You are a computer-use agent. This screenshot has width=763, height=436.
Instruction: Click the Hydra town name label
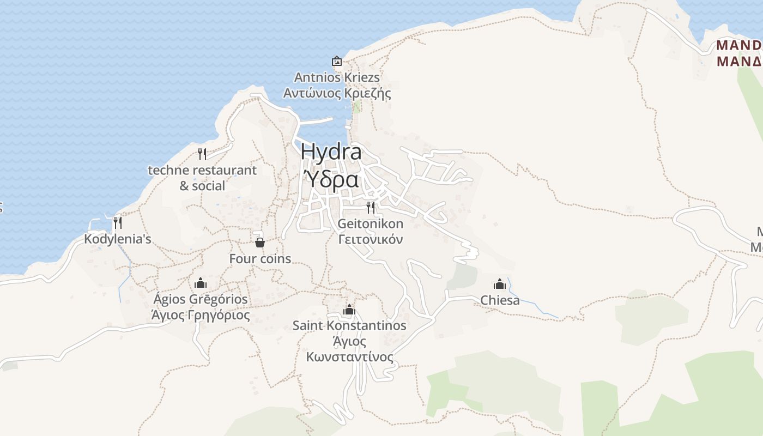coord(331,152)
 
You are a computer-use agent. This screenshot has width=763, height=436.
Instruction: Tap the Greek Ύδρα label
coord(331,179)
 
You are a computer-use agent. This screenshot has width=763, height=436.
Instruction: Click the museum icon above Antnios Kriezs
coord(337,61)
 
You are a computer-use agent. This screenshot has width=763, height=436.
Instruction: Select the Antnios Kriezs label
coord(337,77)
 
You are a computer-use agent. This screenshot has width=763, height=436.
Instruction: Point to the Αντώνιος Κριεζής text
coord(337,93)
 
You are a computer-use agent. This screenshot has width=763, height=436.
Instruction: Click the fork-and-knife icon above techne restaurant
coord(202,154)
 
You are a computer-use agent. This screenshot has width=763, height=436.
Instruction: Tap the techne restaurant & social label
coord(202,178)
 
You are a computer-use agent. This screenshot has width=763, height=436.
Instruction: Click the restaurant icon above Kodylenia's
coord(117,222)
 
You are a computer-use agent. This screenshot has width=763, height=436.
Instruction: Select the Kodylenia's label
coord(117,239)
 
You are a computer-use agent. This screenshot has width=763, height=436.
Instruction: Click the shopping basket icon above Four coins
coord(260,242)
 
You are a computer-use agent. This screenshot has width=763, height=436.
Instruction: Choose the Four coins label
coord(260,259)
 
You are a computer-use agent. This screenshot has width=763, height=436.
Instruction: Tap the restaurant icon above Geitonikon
coord(371,207)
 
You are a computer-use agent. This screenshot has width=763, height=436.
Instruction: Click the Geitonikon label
coord(371,223)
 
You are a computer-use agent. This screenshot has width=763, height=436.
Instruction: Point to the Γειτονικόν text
coord(371,239)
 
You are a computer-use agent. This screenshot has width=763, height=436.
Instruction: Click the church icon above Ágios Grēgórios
coord(201,283)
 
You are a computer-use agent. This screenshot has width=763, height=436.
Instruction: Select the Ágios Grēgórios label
coord(201,299)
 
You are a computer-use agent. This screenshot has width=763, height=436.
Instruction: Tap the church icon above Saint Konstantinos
coord(349,310)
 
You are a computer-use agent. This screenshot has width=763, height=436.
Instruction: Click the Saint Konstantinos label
coord(349,325)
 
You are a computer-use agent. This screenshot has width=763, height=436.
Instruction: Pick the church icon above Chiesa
coord(500,284)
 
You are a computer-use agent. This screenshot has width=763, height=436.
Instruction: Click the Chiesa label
coord(500,300)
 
